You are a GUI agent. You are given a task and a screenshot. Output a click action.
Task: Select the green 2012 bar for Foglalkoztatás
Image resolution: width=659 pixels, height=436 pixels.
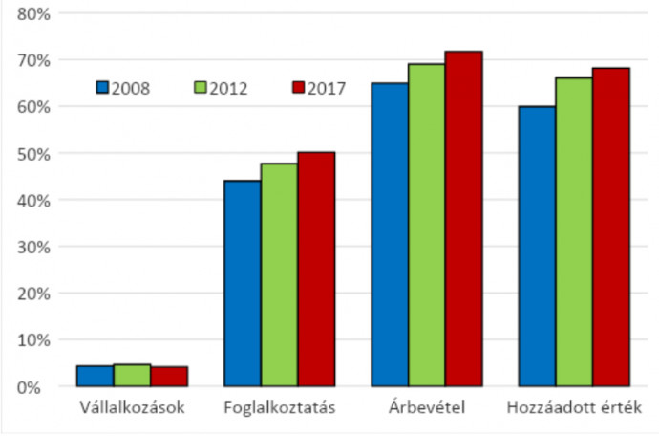[x=279, y=275]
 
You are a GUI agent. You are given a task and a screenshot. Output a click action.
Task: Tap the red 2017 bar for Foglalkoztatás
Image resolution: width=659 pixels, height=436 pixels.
[x=316, y=269]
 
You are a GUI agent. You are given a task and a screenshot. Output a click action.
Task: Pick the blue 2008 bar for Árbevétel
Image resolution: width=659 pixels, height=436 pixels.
[x=391, y=234]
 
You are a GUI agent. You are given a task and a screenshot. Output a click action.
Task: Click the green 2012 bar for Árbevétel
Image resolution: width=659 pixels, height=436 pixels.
[x=427, y=225]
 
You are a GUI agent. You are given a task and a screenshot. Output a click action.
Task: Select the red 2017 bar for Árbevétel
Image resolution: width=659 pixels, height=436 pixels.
[x=464, y=219]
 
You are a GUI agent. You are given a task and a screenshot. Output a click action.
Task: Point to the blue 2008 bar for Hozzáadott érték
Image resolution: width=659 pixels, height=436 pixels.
[x=538, y=246]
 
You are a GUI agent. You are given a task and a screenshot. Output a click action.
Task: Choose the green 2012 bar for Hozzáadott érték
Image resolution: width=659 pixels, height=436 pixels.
[x=575, y=232]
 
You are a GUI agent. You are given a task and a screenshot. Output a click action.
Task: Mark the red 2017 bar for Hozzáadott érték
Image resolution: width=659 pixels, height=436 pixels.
[x=611, y=228]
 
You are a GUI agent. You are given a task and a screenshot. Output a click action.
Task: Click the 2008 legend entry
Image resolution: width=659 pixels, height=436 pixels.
[x=122, y=88]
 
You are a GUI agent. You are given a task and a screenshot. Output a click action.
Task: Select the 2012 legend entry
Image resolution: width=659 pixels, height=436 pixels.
[x=221, y=88]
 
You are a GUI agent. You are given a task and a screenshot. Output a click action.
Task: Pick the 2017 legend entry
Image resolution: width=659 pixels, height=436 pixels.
[x=318, y=88]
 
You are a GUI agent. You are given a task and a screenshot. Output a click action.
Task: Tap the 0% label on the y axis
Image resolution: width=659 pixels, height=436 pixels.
[x=38, y=386]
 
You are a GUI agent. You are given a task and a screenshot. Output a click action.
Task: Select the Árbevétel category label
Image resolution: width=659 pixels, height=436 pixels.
[x=427, y=409]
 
